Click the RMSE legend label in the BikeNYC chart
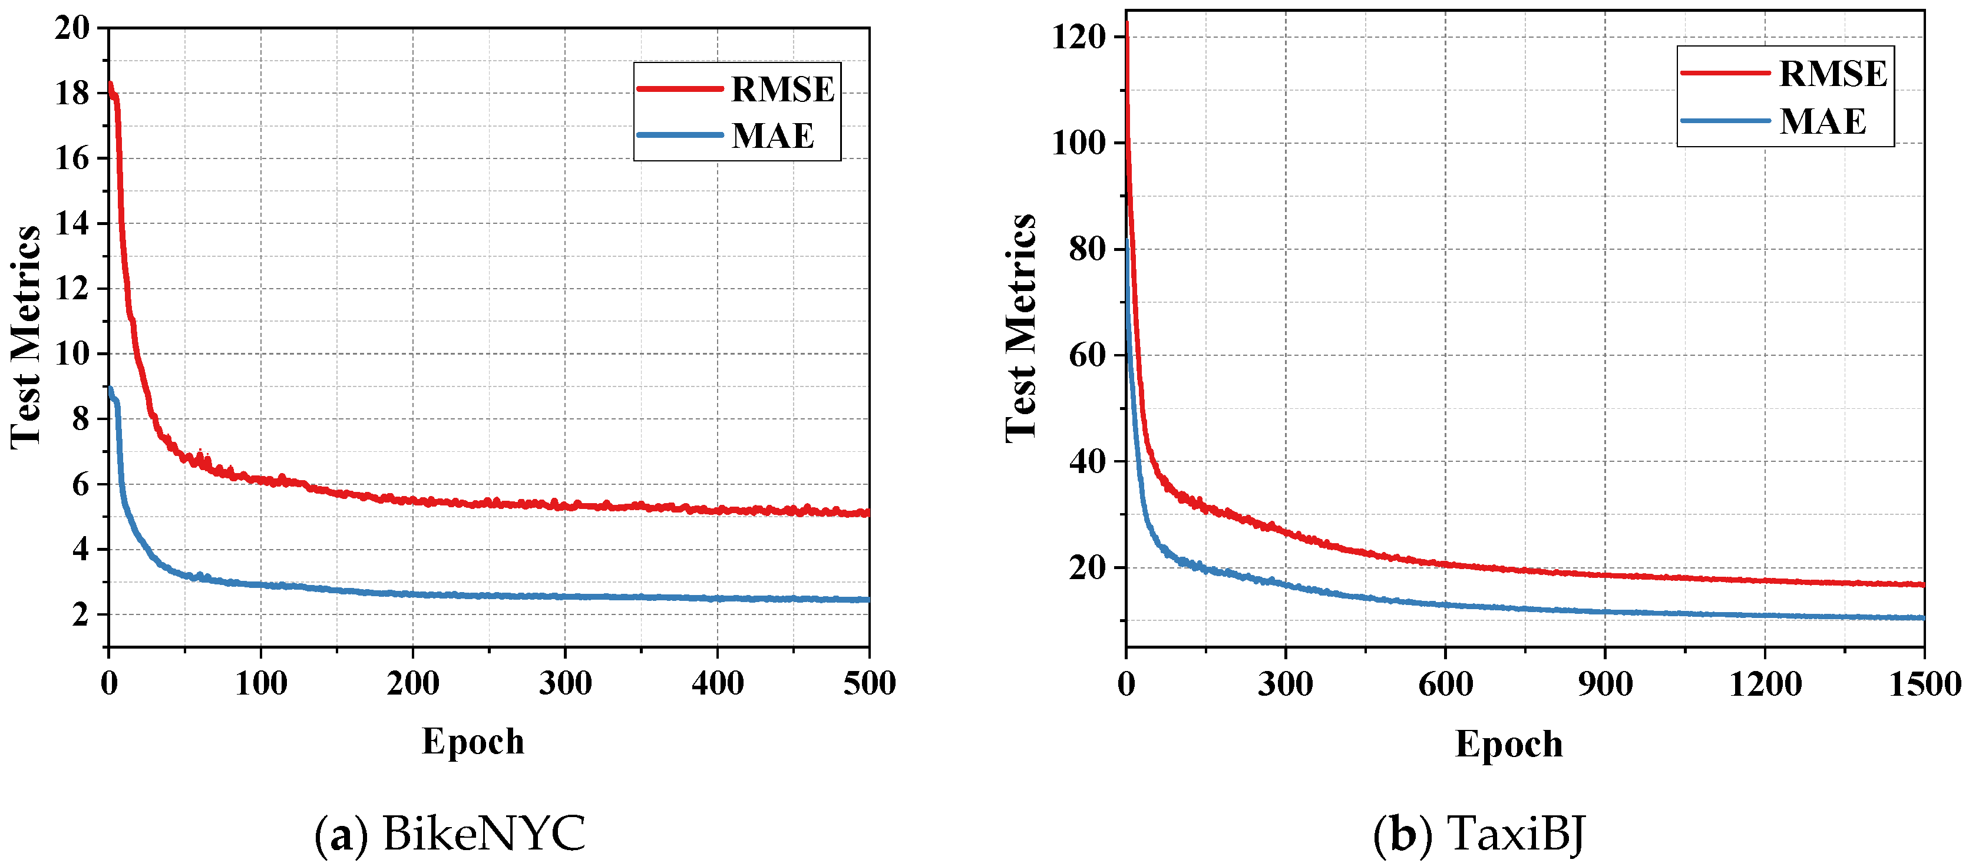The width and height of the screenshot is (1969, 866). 782,90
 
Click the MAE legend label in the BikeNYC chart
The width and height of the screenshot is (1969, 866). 773,136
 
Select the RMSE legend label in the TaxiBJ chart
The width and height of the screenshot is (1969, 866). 1833,74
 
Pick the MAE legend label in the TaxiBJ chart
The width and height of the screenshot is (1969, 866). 1822,121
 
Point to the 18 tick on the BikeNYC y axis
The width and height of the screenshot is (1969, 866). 72,93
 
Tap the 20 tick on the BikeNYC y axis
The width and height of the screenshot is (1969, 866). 72,28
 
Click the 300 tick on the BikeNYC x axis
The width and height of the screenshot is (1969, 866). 565,683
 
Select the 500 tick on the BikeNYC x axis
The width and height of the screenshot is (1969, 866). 869,683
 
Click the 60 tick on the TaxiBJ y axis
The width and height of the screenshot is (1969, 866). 1087,355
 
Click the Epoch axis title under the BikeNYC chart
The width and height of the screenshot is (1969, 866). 473,742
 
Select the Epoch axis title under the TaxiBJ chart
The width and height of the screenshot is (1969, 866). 1509,743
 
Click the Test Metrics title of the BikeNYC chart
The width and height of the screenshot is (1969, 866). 26,336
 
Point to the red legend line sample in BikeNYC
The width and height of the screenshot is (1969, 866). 679,90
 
